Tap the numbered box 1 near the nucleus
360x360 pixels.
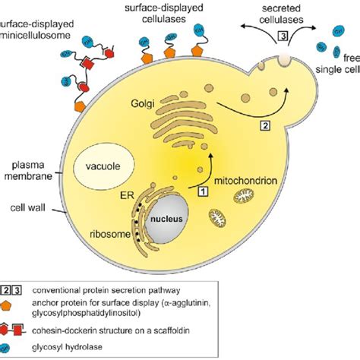pos(203,193)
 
